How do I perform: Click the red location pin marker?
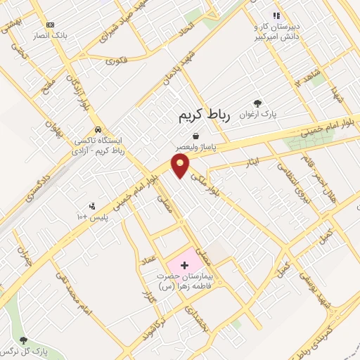[x=181, y=165]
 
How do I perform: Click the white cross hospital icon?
[x=184, y=265]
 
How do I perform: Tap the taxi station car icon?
[x=100, y=129]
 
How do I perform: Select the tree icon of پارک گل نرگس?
[x=23, y=340]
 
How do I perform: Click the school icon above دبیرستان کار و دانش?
[x=277, y=15]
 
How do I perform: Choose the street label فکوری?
[x=117, y=62]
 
